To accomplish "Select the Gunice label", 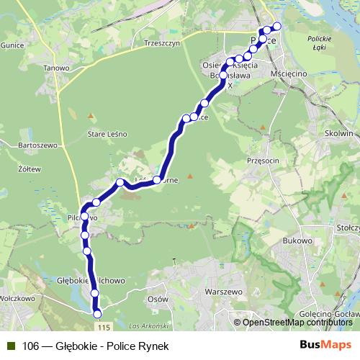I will pos(12,45).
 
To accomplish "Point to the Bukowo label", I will pos(297,240).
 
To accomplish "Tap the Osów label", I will pos(157,298).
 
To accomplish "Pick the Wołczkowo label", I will pos(18,297).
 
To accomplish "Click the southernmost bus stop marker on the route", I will pos(97,312).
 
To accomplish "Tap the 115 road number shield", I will pos(105,328).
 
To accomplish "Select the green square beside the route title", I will pos(11,346).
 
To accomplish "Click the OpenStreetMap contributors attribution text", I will pos(294,323).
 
